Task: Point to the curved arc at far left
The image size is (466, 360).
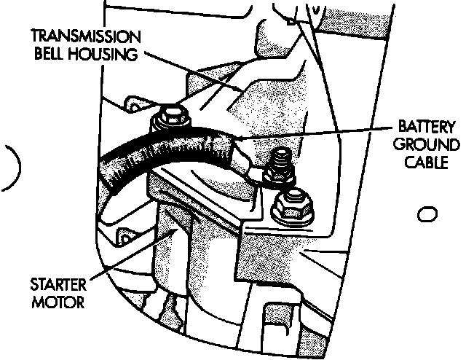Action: tap(15, 169)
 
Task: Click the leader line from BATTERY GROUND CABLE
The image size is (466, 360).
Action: tap(313, 134)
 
